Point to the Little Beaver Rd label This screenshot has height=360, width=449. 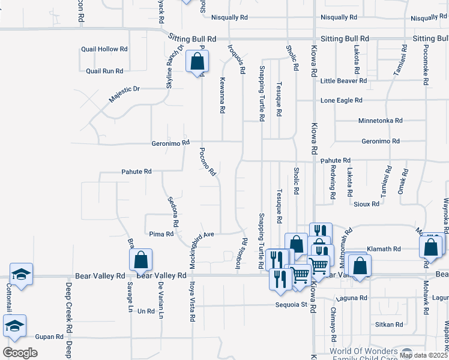coord(343,80)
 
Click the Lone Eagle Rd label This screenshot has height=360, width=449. coord(342,100)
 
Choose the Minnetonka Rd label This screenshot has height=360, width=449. coord(380,121)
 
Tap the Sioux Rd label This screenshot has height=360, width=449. coord(366,204)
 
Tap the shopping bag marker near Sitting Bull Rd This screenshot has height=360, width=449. coord(197,61)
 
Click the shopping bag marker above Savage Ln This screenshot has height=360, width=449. coord(140,260)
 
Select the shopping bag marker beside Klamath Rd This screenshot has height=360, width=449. coord(431,246)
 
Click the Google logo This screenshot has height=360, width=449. coord(20,353)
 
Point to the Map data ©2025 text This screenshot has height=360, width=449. coord(423,355)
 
